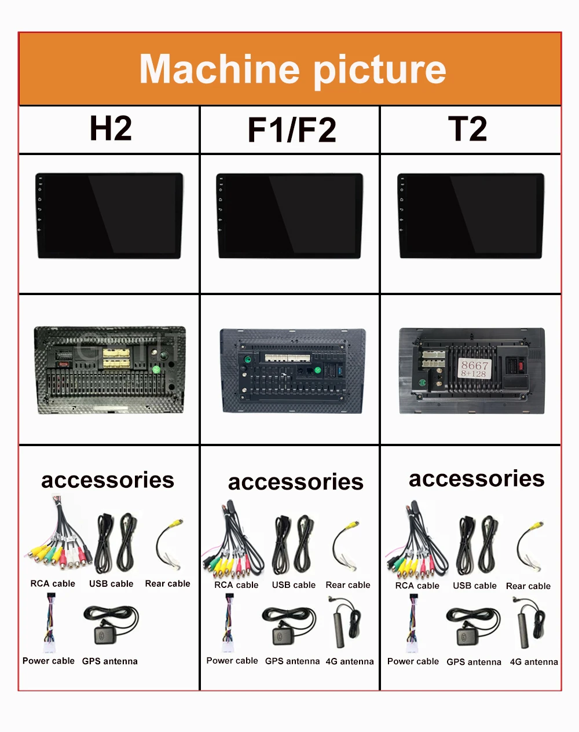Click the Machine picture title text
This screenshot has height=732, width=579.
point(292,69)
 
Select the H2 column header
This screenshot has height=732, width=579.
point(111,128)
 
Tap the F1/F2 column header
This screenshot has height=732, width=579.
point(291,130)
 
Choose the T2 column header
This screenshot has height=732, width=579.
point(468,128)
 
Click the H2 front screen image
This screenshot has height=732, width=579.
point(109,215)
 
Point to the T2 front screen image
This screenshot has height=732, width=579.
point(471,215)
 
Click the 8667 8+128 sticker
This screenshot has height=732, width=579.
point(475,369)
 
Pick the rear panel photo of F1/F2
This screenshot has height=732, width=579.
point(293,371)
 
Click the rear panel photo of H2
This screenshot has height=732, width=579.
point(110,370)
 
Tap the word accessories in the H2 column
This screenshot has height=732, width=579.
point(108,480)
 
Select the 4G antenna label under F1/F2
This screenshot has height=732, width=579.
point(350,661)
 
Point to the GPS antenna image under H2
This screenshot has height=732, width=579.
point(111,625)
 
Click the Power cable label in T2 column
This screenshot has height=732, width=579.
point(413,661)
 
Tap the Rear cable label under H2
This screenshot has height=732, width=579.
point(167,584)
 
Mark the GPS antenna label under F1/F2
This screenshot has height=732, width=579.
point(292,661)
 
